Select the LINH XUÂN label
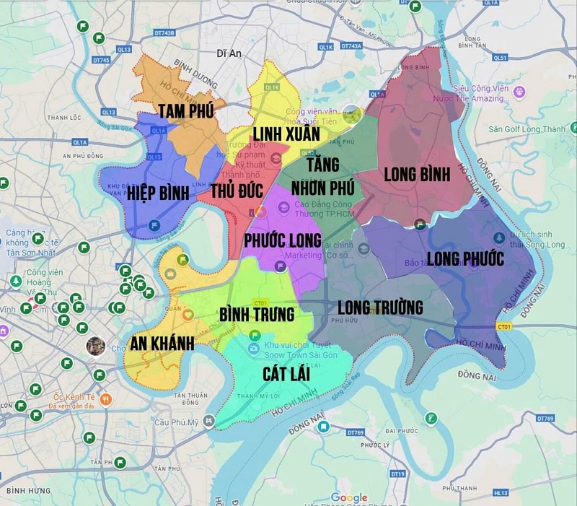tap(286, 134)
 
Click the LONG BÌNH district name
tap(417, 174)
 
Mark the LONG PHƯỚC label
tap(465, 258)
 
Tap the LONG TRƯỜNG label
tap(379, 307)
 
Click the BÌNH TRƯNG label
tap(257, 315)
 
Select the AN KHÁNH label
tap(162, 344)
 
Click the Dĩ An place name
tap(227, 53)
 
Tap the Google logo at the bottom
tap(349, 497)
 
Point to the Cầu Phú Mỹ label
tap(177, 422)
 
